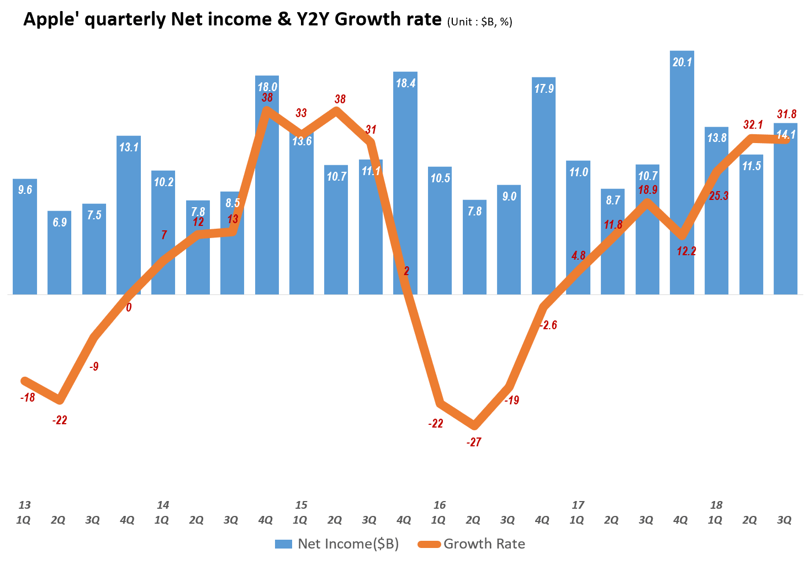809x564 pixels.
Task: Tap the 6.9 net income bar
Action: click(60, 254)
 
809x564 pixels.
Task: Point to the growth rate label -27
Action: click(474, 442)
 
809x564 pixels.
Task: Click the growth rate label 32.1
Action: click(753, 125)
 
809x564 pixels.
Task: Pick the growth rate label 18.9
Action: click(647, 190)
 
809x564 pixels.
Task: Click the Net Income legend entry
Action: click(337, 544)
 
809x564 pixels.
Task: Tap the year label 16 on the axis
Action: click(440, 505)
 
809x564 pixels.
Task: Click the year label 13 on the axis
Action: click(24, 505)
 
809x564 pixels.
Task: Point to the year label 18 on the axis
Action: click(716, 505)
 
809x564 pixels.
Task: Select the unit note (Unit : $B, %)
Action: click(480, 22)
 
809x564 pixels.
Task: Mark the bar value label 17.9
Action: click(544, 88)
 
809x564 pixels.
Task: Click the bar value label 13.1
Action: click(129, 147)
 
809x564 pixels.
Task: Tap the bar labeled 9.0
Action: click(509, 243)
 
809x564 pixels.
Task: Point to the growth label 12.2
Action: click(686, 251)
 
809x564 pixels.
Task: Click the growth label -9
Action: click(94, 366)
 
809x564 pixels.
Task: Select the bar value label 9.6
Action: click(25, 190)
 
